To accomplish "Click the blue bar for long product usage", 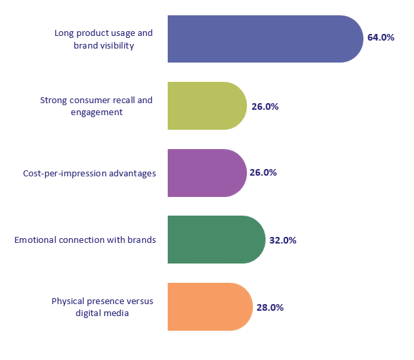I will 263,39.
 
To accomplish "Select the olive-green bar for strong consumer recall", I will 206,106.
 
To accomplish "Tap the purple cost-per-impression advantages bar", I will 206,173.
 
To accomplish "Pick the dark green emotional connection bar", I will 216,240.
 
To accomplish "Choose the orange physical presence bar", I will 209,307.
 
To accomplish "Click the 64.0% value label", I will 381,38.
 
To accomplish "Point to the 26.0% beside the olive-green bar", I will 264,106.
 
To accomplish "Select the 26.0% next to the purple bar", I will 263,173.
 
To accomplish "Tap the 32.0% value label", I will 282,240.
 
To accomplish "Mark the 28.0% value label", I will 270,307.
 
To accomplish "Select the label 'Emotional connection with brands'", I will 85,240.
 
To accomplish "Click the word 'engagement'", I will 97,112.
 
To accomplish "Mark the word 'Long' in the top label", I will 65,33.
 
